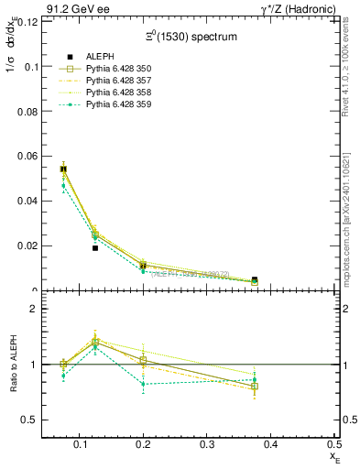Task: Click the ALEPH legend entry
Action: click(99, 57)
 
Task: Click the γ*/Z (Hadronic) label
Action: click(298, 8)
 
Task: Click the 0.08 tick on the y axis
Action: click(27, 111)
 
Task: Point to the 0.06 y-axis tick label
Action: click(27, 156)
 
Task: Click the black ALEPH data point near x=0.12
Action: click(95, 247)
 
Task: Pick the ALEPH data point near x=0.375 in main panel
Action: click(255, 279)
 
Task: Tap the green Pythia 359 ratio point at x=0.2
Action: click(144, 384)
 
